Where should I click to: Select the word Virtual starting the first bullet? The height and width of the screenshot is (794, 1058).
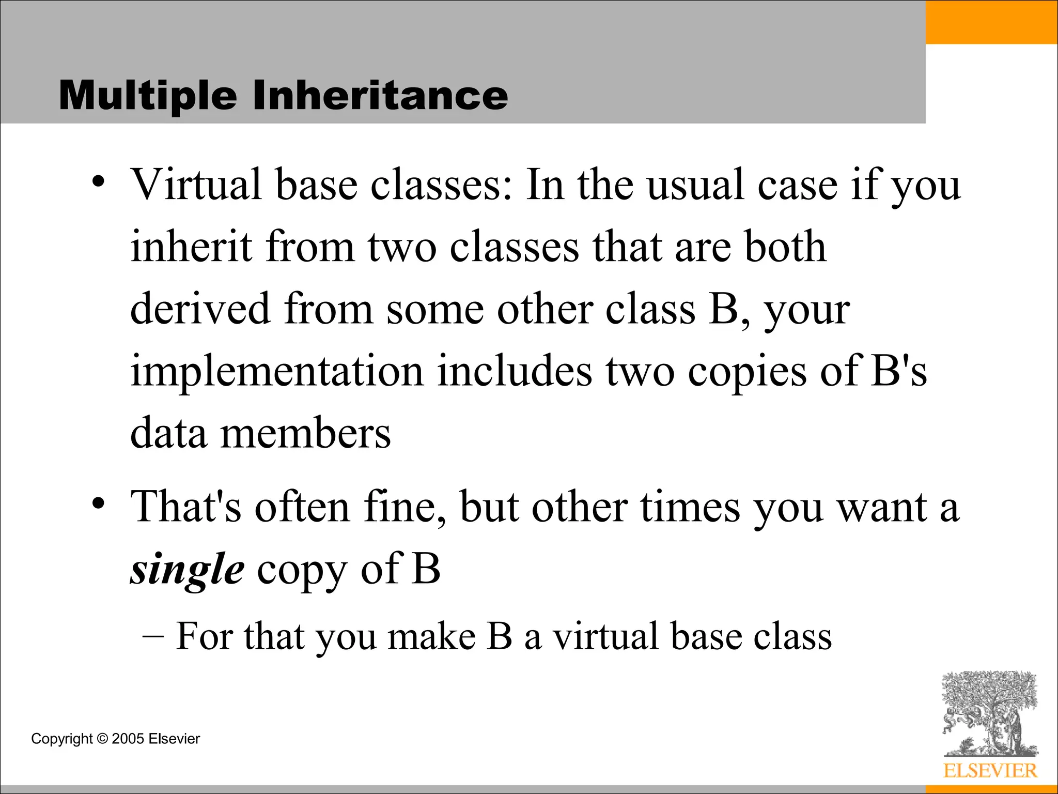tap(196, 185)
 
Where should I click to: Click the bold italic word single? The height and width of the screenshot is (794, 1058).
tap(187, 570)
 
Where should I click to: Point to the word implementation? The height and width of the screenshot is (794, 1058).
tap(277, 372)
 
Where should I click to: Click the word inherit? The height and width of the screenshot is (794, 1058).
tap(191, 247)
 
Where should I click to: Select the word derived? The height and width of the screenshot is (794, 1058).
tap(200, 309)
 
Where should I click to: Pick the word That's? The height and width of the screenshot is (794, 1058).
tap(185, 507)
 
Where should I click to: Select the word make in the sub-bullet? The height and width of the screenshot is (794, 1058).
tap(431, 637)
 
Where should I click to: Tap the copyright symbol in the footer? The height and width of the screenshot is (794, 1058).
tap(102, 739)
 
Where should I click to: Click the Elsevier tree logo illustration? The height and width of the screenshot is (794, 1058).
tap(990, 713)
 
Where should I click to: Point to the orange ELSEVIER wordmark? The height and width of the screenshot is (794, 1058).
tap(990, 771)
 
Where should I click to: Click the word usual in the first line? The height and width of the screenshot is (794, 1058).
tap(695, 185)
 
